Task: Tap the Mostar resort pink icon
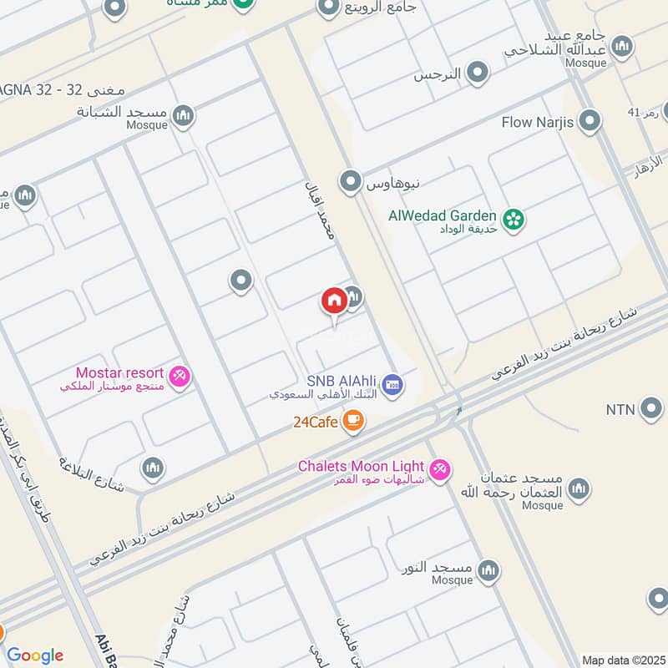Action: pos(179,377)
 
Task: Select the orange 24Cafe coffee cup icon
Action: pos(353,421)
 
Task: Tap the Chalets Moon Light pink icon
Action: pos(441,470)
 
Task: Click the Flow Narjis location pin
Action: pos(590,122)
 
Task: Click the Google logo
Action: pos(34,655)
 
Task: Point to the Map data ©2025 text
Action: pos(622,660)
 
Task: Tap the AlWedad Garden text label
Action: pos(443,215)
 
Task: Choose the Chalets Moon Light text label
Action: pos(362,466)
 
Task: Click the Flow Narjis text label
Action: pos(537,123)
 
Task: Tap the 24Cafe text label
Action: pos(315,422)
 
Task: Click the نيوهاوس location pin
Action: pos(349,180)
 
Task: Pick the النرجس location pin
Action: pos(477,73)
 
